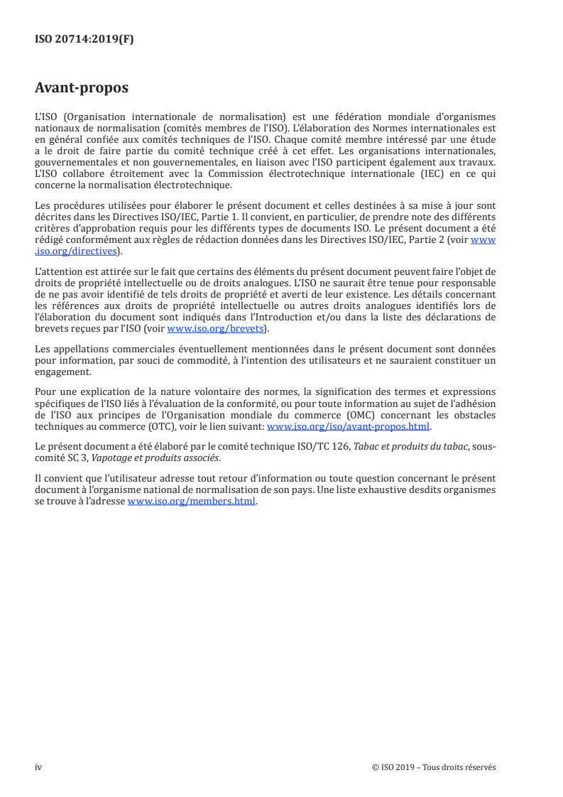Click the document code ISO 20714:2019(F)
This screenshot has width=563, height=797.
point(84,40)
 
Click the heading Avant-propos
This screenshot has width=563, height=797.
point(81,89)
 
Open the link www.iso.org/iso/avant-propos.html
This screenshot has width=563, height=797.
point(348,428)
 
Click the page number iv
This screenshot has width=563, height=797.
point(38,767)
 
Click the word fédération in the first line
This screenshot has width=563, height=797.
point(365,116)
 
